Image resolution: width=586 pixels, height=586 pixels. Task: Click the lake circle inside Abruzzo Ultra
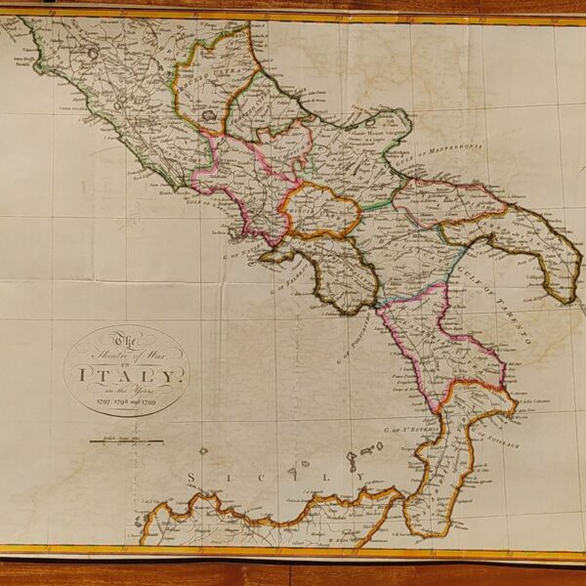tap(207, 113)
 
